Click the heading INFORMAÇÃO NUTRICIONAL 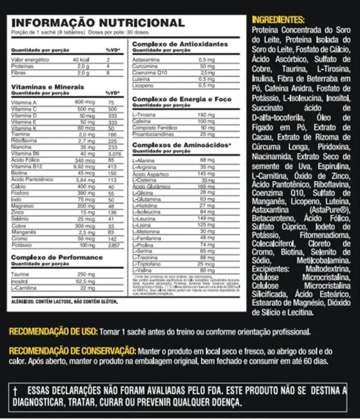(97, 22)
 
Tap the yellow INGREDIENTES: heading (278, 20)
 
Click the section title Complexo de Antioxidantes (180, 44)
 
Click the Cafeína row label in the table (141, 121)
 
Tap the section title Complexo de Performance (57, 257)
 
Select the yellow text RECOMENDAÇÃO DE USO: (53, 332)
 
